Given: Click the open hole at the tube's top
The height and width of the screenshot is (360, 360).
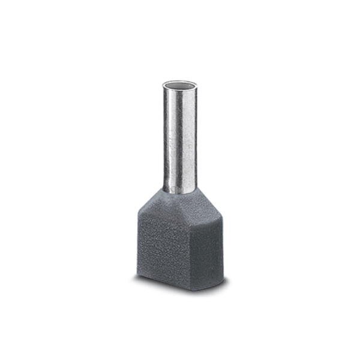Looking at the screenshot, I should pos(179,86).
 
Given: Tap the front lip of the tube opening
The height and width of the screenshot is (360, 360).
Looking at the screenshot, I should pos(179,91).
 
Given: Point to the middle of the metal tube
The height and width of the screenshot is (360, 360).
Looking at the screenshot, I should pos(179,138).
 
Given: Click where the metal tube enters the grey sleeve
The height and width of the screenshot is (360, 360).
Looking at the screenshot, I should pos(179,191).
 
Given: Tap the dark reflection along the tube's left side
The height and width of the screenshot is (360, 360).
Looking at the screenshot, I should pos(167,138).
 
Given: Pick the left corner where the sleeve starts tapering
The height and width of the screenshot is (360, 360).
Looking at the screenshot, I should pos(139,217).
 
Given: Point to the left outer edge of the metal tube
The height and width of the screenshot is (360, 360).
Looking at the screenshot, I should pos(163,138).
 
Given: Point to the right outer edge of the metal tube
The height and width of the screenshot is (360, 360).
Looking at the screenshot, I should pos(196,138).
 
